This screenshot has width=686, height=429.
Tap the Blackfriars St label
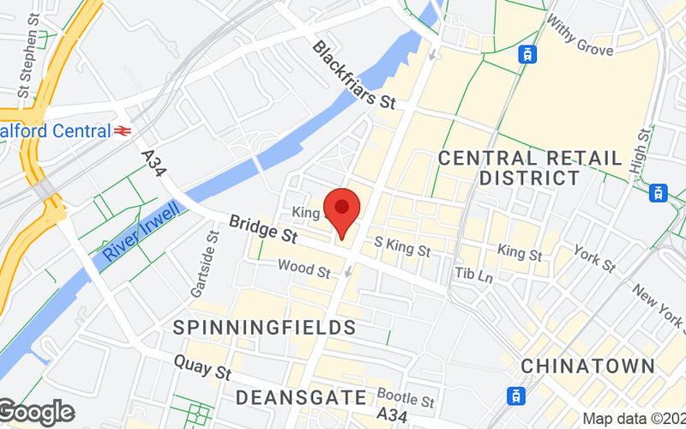tap(353, 75)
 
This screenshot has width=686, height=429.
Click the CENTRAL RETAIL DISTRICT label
tap(530, 168)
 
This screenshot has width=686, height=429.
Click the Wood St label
tap(304, 270)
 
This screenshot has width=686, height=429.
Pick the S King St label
tap(402, 247)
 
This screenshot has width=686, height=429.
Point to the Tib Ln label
tap(474, 275)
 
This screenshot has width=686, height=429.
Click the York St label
tap(594, 259)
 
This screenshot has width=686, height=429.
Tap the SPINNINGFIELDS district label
tap(264, 328)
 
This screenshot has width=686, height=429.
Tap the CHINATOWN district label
tap(588, 366)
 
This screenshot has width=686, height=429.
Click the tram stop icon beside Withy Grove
tap(528, 54)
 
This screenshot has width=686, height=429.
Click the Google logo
tap(36, 413)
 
